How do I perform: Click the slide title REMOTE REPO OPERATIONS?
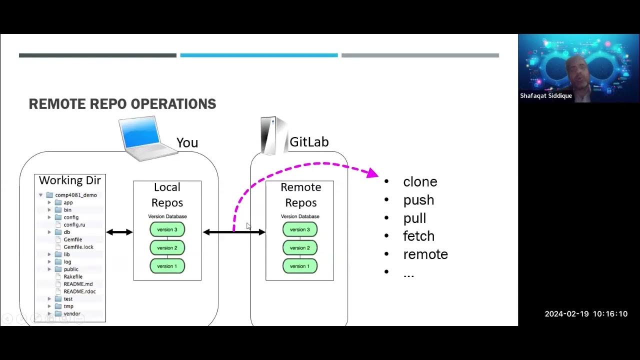pyautogui.click(x=122, y=104)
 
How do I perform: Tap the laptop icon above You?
pyautogui.click(x=146, y=138)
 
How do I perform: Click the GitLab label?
pyautogui.click(x=309, y=142)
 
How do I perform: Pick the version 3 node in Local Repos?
pyautogui.click(x=167, y=229)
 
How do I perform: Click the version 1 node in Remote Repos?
pyautogui.click(x=300, y=266)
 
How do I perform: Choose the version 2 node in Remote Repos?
pyautogui.click(x=300, y=248)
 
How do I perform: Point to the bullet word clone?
pyautogui.click(x=420, y=182)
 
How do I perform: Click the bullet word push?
pyautogui.click(x=418, y=200)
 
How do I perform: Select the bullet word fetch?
pyautogui.click(x=418, y=236)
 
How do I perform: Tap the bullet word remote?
pyautogui.click(x=425, y=254)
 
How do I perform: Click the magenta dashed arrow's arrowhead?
pyautogui.click(x=372, y=173)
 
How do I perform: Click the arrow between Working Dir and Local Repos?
pyautogui.click(x=119, y=232)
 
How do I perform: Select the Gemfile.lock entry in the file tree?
pyautogui.click(x=78, y=247)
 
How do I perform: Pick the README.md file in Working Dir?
pyautogui.click(x=78, y=284)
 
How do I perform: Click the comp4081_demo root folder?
pyautogui.click(x=75, y=195)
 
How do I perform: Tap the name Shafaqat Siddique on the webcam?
pyautogui.click(x=546, y=95)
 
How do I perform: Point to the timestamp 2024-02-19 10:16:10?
pyautogui.click(x=585, y=314)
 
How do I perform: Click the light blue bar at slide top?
pyautogui.click(x=258, y=55)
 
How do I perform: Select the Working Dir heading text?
pyautogui.click(x=70, y=180)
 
